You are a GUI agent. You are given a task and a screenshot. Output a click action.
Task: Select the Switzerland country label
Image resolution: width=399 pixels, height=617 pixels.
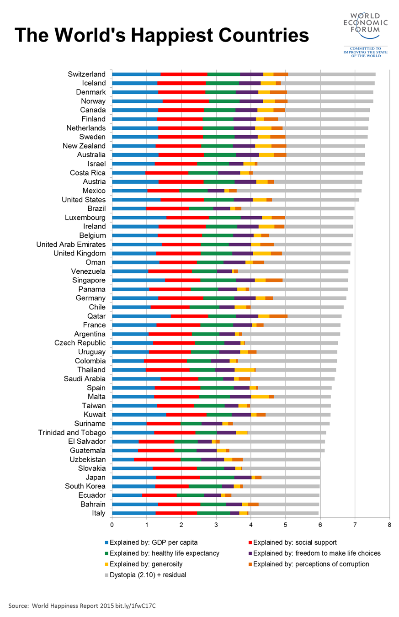(87, 74)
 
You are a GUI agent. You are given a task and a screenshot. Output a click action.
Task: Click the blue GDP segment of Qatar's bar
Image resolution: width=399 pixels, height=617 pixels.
(141, 316)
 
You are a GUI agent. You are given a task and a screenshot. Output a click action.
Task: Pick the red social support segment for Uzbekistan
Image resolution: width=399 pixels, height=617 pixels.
(157, 459)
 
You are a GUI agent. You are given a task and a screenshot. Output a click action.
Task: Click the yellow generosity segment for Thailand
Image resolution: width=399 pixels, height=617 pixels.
(245, 370)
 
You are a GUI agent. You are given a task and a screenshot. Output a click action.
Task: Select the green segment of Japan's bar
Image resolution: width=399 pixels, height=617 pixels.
(217, 477)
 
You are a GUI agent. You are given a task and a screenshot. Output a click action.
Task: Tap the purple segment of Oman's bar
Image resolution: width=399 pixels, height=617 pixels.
(234, 262)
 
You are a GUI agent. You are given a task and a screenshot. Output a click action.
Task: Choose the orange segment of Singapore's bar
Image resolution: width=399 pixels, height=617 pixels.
(274, 280)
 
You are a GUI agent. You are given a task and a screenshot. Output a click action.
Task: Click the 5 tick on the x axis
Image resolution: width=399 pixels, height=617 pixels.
(286, 525)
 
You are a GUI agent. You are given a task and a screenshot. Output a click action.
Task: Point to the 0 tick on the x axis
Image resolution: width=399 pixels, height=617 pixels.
(112, 525)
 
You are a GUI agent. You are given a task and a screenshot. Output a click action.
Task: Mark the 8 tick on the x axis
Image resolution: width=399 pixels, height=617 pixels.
(389, 525)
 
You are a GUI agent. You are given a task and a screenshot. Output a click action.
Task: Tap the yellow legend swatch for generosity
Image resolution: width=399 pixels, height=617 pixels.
(107, 564)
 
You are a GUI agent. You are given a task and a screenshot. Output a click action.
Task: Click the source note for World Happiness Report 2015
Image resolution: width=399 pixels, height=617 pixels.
(85, 605)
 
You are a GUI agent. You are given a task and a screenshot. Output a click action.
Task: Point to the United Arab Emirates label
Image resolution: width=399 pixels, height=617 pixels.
(71, 245)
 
